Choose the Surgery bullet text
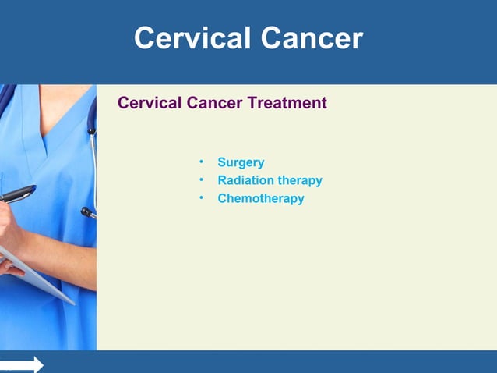pos(241,162)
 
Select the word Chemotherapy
pos(260,198)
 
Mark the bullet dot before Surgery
pos(200,162)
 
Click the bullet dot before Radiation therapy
pos(200,179)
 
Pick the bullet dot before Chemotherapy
pos(200,197)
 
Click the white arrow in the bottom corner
pos(23,364)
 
